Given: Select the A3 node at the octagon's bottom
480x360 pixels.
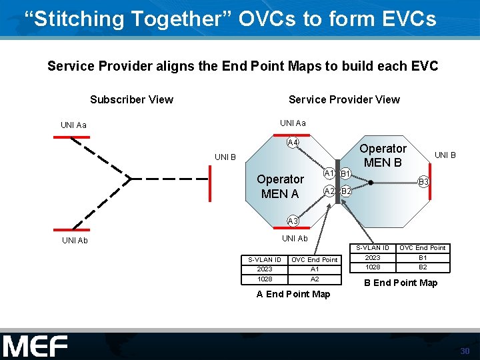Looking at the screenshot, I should click(293, 221).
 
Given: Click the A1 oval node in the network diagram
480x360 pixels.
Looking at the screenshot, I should click(329, 173).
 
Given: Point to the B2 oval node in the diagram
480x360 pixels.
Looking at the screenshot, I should click(346, 192).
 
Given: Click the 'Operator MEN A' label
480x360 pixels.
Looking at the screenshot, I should click(280, 187).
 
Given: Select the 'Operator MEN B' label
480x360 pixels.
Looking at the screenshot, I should click(383, 155).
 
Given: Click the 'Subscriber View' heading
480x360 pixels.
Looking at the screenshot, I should click(131, 99).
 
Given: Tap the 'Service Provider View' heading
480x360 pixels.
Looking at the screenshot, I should click(344, 99).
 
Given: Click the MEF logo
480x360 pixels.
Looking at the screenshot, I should click(35, 346).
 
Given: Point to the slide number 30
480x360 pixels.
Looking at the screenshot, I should click(465, 351).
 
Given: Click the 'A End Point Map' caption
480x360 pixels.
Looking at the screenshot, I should click(293, 294).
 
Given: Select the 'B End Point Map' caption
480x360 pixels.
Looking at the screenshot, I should click(400, 283).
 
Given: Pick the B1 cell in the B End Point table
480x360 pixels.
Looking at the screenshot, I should click(423, 257).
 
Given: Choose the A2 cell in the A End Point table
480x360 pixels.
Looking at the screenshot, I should click(315, 279).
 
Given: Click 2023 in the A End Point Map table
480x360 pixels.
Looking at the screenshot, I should click(265, 269).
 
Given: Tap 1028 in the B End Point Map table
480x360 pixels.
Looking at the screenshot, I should click(373, 267).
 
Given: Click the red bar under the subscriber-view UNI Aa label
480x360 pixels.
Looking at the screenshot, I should click(71, 137).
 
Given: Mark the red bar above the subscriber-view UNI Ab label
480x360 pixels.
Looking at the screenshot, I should click(71, 229).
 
